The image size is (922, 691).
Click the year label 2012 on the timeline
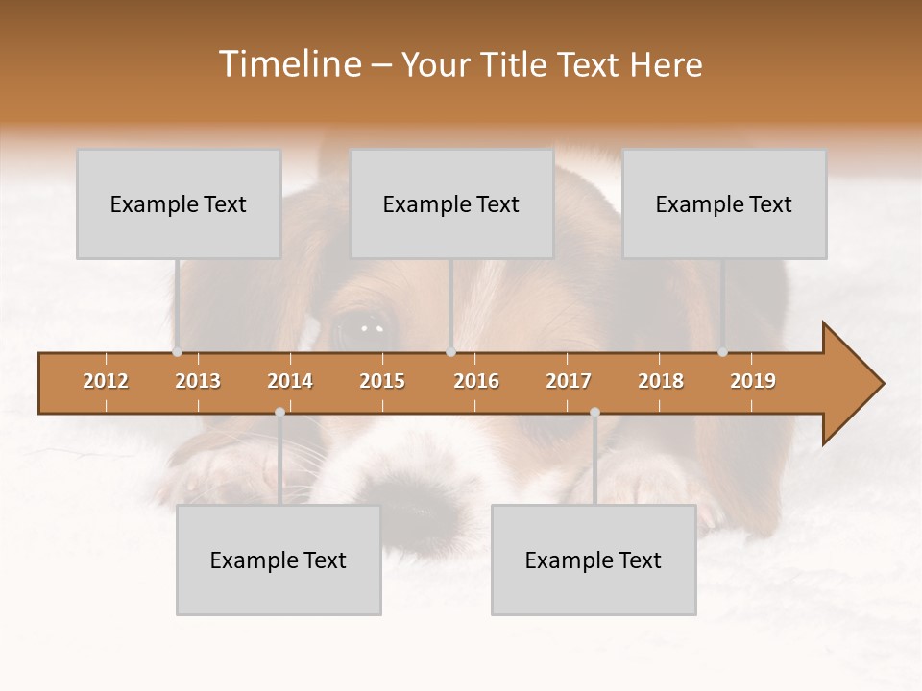pos(106,382)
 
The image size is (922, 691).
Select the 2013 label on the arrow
pos(198,382)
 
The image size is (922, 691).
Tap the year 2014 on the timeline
pos(290,382)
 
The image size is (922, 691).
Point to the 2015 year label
pos(382,382)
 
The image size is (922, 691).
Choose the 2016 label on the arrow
pos(476,382)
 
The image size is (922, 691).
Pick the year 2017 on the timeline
pos(569,382)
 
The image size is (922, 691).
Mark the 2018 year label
pos(661,382)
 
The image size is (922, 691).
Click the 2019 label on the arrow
pos(753,382)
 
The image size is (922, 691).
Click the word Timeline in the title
pos(289,64)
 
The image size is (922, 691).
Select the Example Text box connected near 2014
pos(279,560)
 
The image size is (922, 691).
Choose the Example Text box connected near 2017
pos(594,560)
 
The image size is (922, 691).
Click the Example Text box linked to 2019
pos(724,203)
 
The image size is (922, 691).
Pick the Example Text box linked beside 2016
pos(451,203)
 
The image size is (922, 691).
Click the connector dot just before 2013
pos(178,352)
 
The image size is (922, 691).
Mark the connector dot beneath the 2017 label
pos(594,413)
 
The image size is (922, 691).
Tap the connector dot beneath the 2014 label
pos(279,413)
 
